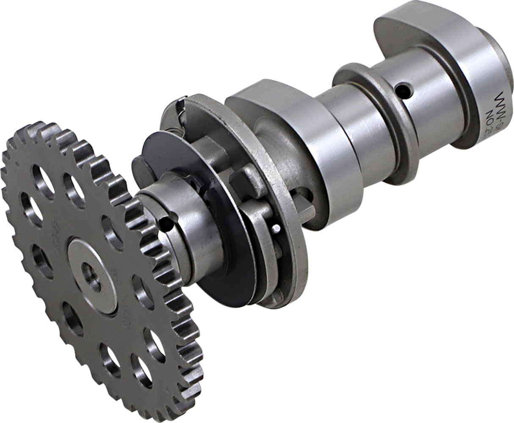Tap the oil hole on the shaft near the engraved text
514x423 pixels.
tap(402, 90)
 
